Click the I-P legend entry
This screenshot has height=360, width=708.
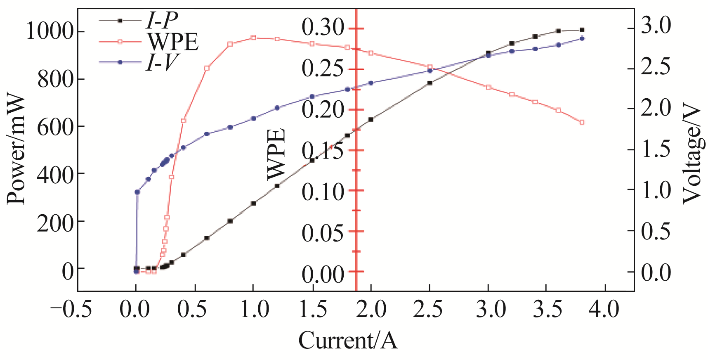click(163, 20)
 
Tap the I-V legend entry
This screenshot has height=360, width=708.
click(163, 62)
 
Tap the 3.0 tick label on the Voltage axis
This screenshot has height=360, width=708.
click(656, 26)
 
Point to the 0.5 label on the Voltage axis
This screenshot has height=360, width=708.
click(656, 231)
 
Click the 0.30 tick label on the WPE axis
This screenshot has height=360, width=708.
click(323, 28)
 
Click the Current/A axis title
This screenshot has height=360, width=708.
click(348, 341)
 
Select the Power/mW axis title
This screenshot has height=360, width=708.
click(17, 149)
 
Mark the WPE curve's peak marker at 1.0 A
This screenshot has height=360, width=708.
click(253, 38)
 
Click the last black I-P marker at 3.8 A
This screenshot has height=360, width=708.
click(582, 30)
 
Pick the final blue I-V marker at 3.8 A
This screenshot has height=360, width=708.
click(582, 38)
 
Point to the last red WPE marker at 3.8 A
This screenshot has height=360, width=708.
click(582, 122)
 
